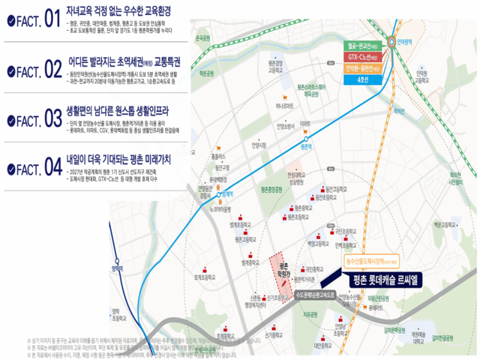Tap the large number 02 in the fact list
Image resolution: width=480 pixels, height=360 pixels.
tap(51, 69)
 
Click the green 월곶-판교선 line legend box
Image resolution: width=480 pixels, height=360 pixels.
tap(364, 45)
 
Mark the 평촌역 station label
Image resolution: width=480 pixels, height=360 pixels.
tap(305, 147)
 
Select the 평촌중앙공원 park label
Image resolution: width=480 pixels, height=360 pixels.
tap(271, 190)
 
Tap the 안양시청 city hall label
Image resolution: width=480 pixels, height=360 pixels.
tap(259, 146)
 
